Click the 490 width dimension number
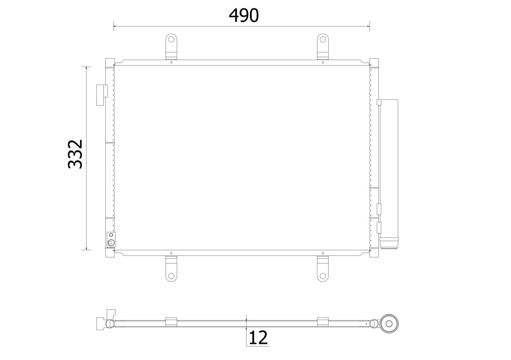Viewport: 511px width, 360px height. [x=244, y=16]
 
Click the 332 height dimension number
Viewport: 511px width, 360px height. [x=75, y=154]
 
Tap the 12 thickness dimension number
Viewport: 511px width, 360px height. [x=258, y=338]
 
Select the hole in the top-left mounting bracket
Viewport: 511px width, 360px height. [x=171, y=39]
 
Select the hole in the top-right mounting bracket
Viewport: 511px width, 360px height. [x=323, y=39]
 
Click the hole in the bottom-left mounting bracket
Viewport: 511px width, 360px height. [x=171, y=276]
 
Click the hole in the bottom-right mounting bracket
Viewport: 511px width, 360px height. [x=323, y=276]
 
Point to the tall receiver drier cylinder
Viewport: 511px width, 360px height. [x=389, y=168]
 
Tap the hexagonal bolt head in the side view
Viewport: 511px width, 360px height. [x=390, y=324]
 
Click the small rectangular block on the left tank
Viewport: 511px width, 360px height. [x=102, y=95]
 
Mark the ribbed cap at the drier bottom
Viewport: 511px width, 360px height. [x=389, y=243]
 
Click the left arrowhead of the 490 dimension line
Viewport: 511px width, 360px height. [x=115, y=26]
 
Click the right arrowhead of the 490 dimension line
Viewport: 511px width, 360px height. [x=368, y=26]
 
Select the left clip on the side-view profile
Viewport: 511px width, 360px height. [x=171, y=322]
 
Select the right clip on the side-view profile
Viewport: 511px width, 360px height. [x=323, y=322]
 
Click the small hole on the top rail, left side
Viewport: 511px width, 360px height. [x=171, y=62]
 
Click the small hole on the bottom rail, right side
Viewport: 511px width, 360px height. [x=323, y=253]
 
